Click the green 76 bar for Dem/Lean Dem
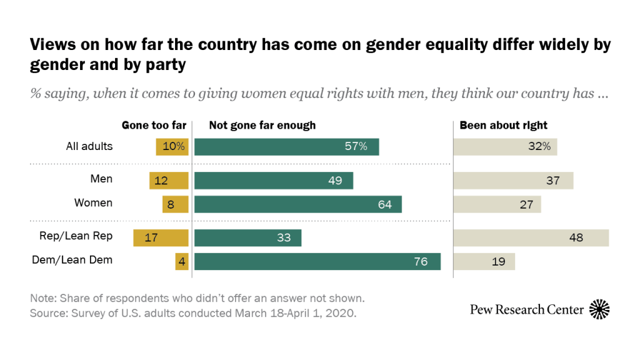point(317,261)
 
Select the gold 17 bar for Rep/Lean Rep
point(161,238)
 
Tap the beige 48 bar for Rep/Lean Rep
point(531,238)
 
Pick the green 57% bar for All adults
point(287,147)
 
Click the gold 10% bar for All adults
point(172,147)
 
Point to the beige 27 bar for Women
point(497,204)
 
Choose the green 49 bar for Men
point(274,181)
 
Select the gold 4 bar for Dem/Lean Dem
point(182,261)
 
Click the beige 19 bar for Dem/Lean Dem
point(484,261)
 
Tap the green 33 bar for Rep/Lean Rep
point(248,238)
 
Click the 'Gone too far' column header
point(154,125)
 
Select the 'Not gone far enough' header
point(262,125)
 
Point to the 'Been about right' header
point(504,125)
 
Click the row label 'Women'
point(94,202)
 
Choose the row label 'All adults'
point(89,146)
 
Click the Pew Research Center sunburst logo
point(599,309)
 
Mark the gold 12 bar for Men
point(169,181)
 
